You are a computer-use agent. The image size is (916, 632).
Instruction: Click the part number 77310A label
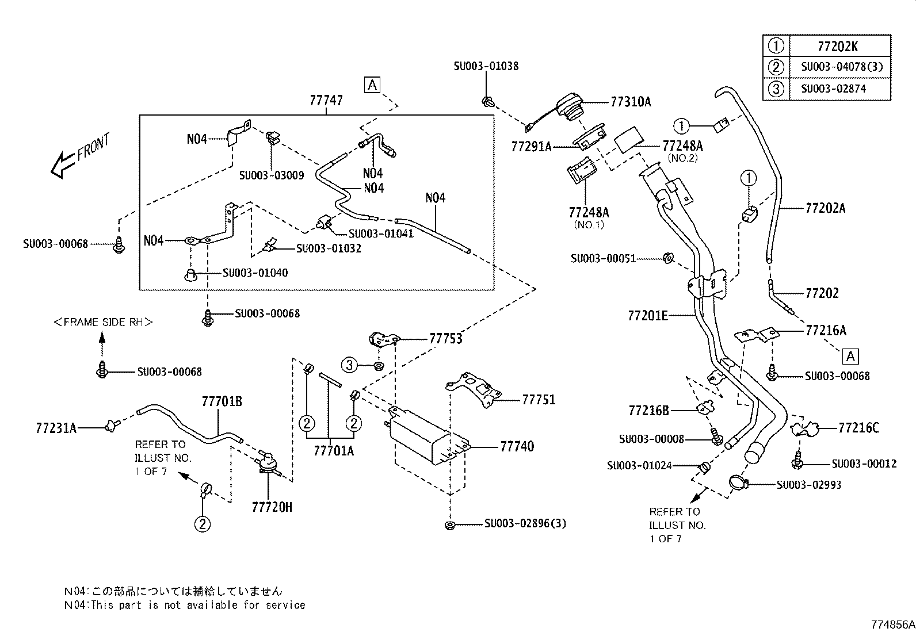click(631, 102)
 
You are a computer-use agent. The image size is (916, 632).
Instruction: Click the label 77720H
click(272, 507)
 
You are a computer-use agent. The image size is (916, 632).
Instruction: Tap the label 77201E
click(648, 316)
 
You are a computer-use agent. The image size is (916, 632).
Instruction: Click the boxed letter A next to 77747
click(372, 85)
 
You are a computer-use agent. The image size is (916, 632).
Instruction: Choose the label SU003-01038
click(486, 66)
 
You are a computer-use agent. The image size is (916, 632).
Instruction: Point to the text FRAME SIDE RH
click(103, 322)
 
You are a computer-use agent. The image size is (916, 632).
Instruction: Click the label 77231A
click(56, 428)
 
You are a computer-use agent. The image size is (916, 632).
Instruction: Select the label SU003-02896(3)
click(525, 524)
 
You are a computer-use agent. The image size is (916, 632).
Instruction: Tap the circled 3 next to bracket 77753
click(350, 364)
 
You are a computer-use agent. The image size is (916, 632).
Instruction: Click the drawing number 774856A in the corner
click(892, 625)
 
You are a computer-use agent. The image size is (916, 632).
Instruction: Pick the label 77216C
click(858, 428)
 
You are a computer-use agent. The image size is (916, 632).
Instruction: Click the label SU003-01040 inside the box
click(255, 273)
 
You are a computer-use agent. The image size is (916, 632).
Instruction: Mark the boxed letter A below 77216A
click(850, 357)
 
